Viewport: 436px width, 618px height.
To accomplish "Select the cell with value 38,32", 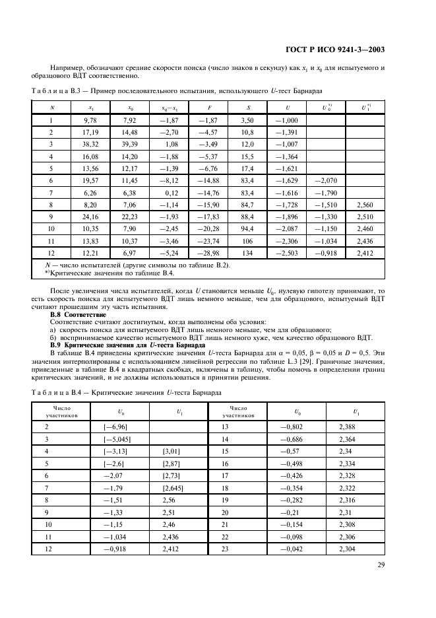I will click(90, 144).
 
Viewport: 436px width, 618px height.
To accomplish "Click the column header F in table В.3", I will click(208, 107).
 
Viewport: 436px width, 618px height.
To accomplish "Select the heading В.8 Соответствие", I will click(78, 315).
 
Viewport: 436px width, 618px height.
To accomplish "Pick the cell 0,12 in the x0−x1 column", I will click(170, 193).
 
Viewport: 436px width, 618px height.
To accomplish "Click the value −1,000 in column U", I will click(286, 120).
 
